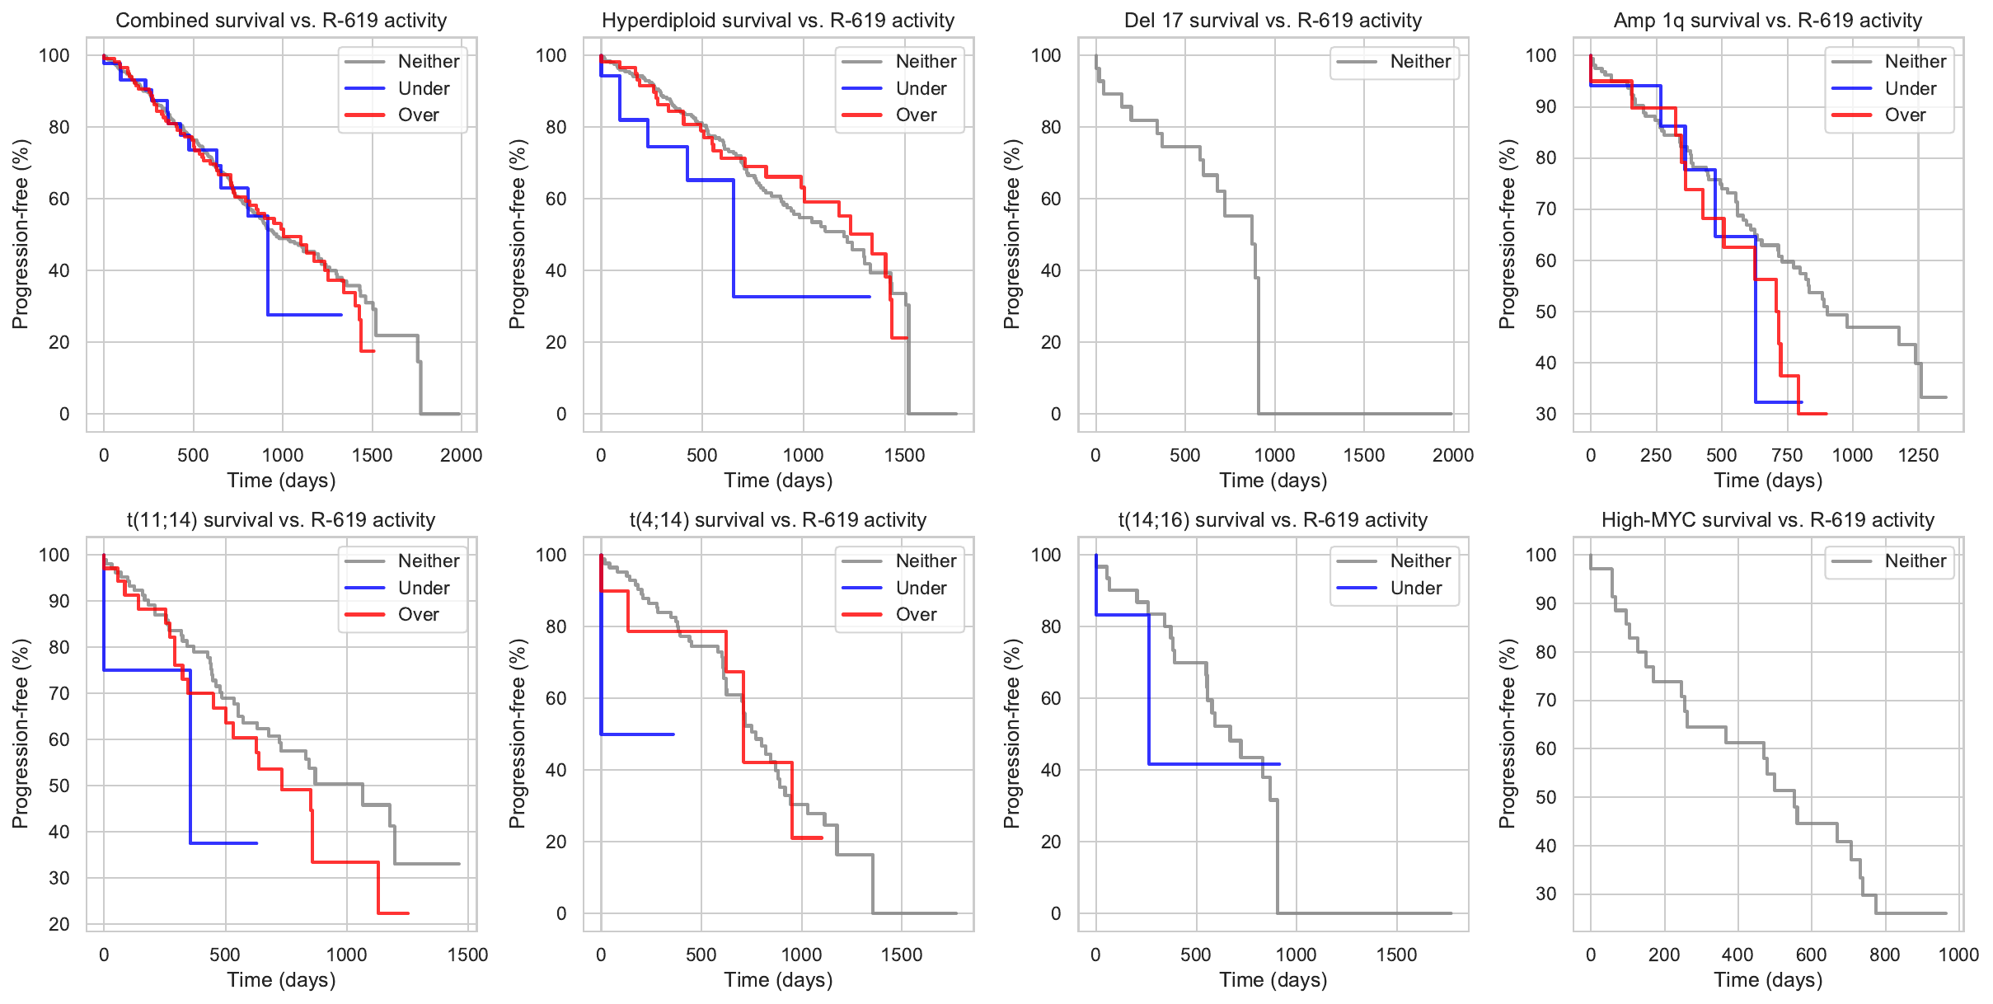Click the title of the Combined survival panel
(x=281, y=21)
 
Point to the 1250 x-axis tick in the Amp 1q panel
(x=1918, y=455)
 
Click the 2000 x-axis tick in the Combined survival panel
(x=461, y=455)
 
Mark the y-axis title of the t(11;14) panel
(x=21, y=734)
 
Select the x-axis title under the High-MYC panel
(x=1768, y=979)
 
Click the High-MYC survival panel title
(x=1768, y=520)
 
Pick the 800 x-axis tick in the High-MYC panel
(x=1885, y=955)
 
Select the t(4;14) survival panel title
(x=778, y=520)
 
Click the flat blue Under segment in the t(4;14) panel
(x=639, y=734)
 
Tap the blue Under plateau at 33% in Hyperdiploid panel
(x=800, y=297)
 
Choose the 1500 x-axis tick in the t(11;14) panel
(x=468, y=955)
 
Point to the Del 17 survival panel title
(x=1273, y=21)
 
